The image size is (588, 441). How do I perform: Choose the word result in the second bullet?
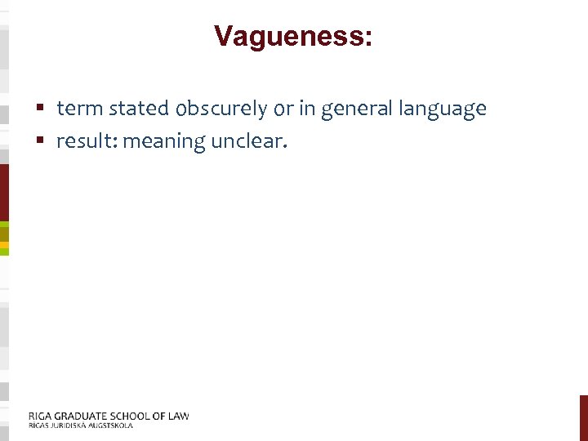click(x=85, y=141)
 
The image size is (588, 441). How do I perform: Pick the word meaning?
click(x=164, y=142)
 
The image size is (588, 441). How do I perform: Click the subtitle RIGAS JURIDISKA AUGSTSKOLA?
click(x=80, y=425)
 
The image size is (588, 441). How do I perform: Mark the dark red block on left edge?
click(x=4, y=192)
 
